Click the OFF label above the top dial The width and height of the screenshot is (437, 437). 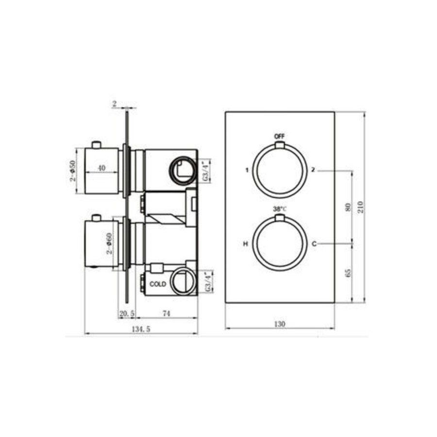[x=280, y=136]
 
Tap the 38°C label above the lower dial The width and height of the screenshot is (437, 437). [x=280, y=209]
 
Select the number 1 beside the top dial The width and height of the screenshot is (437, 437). [x=247, y=170]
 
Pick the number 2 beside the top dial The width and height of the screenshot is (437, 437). [x=313, y=170]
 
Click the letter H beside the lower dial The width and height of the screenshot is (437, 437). [x=246, y=244]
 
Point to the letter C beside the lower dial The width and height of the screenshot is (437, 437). [x=314, y=244]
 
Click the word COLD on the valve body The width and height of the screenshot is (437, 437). [x=158, y=284]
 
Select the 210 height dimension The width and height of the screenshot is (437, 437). [x=360, y=207]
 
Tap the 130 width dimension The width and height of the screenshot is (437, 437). [x=280, y=324]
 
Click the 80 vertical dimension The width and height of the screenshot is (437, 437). [x=348, y=207]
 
